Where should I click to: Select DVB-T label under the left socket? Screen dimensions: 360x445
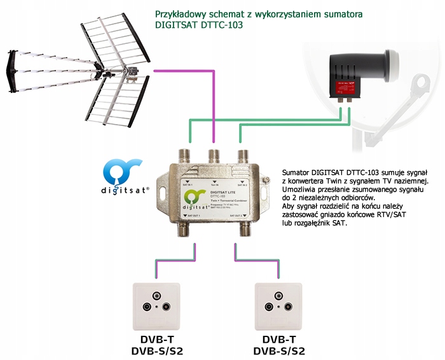156,338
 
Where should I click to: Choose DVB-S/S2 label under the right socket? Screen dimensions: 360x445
279,350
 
